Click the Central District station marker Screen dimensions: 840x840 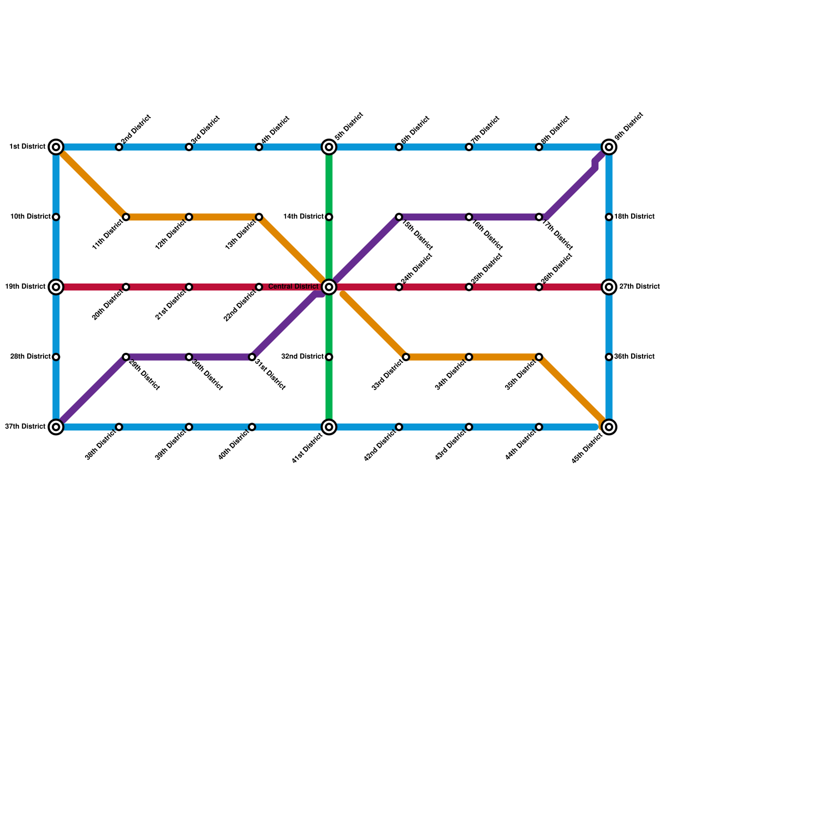329,287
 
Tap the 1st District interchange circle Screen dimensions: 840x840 56,147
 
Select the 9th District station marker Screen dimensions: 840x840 609,147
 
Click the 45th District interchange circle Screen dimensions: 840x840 609,427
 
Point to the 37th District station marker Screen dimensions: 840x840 56,427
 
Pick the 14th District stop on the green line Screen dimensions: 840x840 329,217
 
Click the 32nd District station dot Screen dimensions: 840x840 329,357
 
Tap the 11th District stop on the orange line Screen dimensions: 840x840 126,217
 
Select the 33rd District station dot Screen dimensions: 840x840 406,357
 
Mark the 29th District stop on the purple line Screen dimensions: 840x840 126,357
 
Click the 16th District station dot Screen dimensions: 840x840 469,217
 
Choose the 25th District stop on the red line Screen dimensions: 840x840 469,287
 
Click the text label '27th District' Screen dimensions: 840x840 639,287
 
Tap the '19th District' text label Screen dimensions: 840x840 25,287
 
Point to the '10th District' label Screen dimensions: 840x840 30,217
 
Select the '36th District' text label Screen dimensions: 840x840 634,357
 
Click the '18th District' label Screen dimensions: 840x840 634,217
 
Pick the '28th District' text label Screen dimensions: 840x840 30,357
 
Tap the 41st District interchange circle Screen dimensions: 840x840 329,427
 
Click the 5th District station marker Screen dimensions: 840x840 329,147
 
